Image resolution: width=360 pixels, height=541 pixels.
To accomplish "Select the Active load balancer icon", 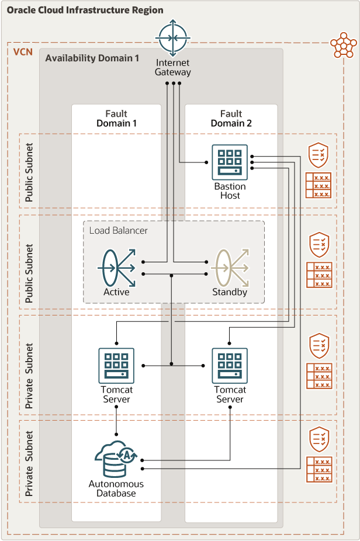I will [116, 268].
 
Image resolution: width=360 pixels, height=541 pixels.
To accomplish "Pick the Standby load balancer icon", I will [230, 268].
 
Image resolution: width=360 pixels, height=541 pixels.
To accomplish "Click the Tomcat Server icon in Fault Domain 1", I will [116, 366].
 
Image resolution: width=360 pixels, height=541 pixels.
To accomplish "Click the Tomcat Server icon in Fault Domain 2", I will [230, 366].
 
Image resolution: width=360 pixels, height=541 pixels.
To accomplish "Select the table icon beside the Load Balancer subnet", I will [319, 275].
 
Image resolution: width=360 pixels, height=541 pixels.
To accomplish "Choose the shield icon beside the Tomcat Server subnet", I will [319, 346].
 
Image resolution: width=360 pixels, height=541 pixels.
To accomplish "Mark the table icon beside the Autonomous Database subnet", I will [319, 469].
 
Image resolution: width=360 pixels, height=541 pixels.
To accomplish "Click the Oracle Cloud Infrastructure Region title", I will [85, 11].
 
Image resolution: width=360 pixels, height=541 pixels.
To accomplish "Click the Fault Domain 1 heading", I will [116, 119].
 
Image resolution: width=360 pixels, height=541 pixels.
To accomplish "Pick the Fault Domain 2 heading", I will [230, 119].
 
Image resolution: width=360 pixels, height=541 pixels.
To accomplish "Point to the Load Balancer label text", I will [118, 230].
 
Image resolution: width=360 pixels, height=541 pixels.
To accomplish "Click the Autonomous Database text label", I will [116, 488].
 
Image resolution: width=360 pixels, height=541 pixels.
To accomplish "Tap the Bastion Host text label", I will [230, 191].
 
